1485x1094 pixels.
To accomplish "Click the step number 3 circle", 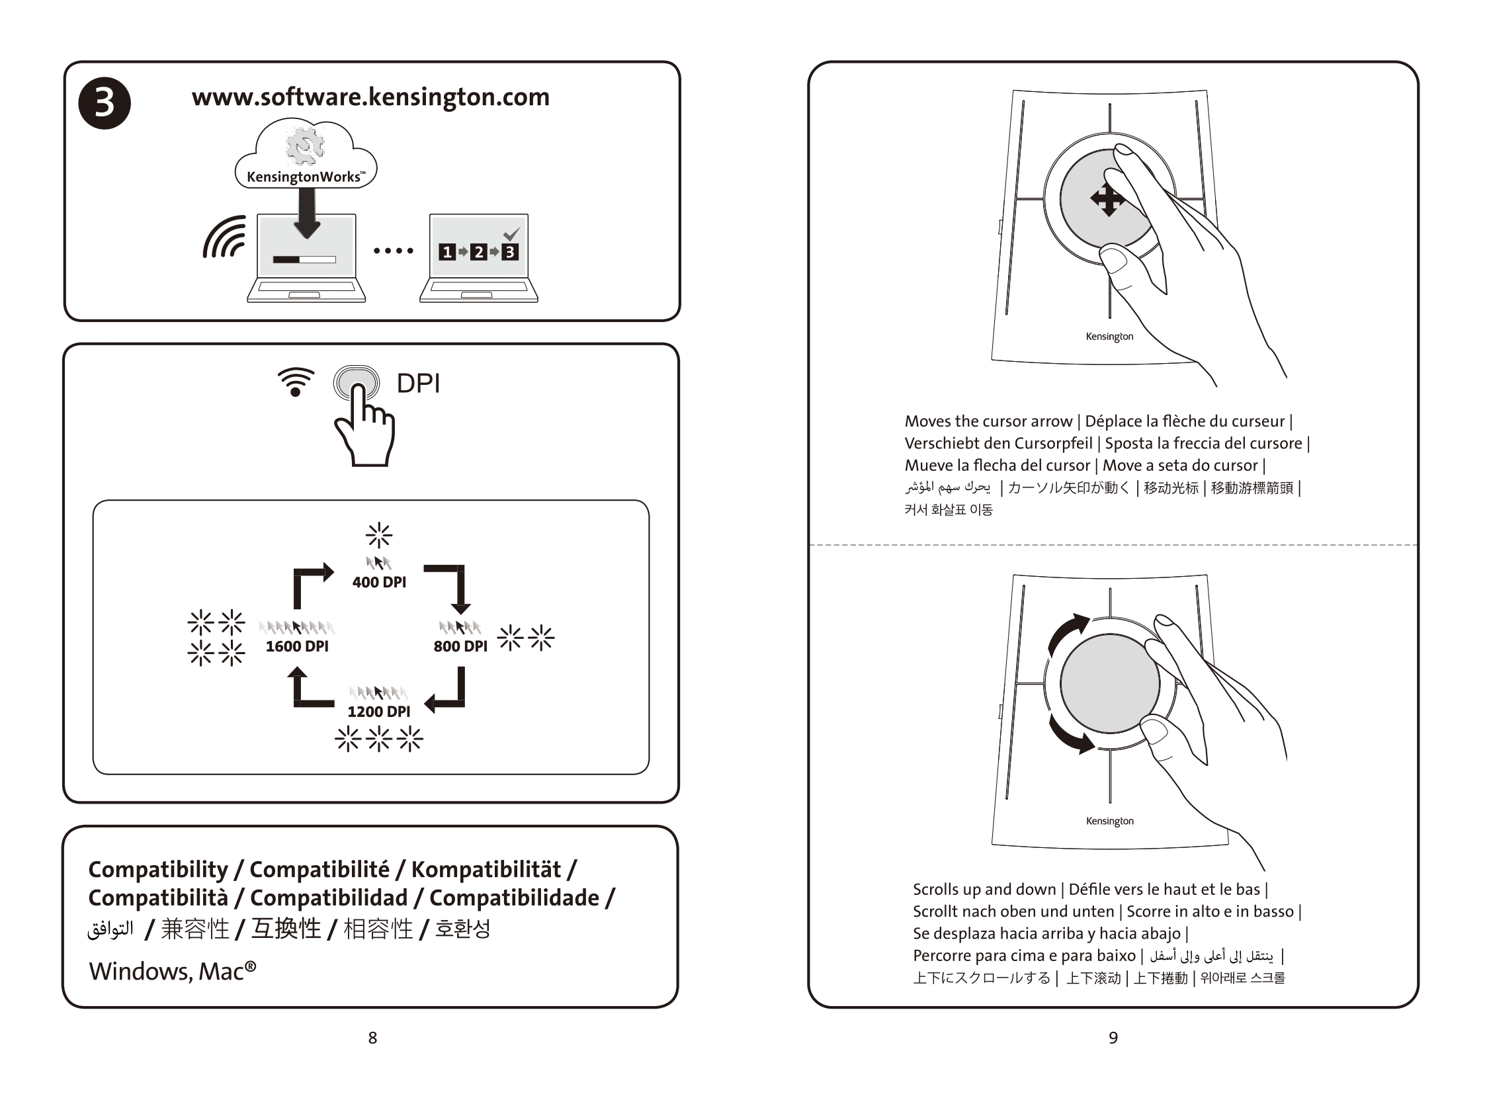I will pos(105,103).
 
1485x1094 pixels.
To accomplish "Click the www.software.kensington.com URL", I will pos(371,97).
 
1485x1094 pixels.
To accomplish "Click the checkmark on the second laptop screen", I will pos(511,233).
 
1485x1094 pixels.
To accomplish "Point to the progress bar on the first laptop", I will pos(305,259).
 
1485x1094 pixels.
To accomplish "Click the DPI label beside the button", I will pos(418,384).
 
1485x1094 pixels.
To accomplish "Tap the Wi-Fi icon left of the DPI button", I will pos(296,382).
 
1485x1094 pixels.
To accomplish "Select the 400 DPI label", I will pos(379,582).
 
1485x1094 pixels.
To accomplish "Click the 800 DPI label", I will pos(460,646).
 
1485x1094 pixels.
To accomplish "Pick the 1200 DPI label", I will pos(379,711).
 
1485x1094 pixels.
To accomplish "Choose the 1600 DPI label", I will pos(297,646).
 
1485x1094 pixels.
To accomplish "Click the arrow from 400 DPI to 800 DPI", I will pos(450,586).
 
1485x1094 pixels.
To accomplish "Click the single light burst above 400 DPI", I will pos(379,535).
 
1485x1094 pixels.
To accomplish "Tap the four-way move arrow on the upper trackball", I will pos(1107,198).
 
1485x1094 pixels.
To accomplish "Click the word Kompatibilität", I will pos(486,870).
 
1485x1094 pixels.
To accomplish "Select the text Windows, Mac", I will pos(172,972).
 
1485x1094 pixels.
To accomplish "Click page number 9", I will pos(1113,1038).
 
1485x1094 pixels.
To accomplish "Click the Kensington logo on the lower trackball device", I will pos(1109,821).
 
